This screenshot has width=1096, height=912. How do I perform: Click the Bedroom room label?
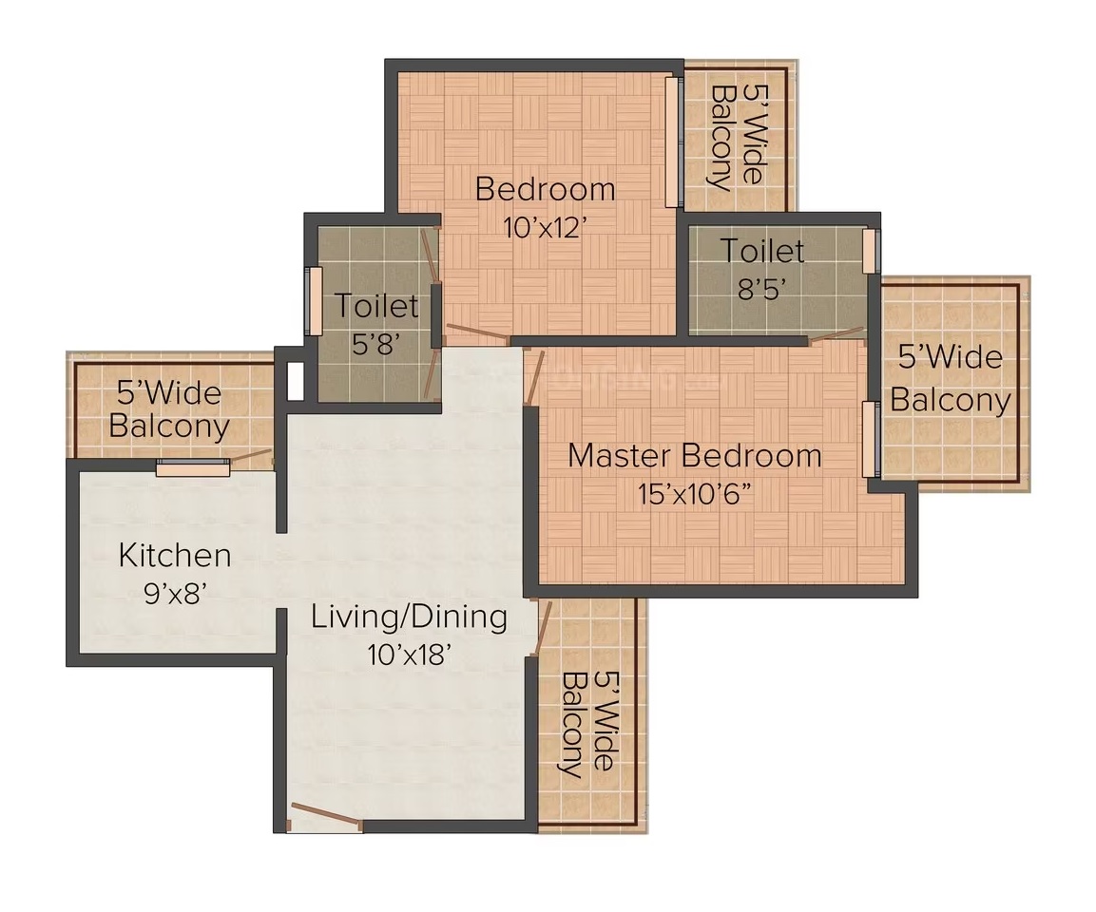pyautogui.click(x=546, y=189)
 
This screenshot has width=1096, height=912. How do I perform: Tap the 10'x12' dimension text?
pyautogui.click(x=544, y=227)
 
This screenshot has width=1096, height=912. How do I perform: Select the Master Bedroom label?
pyautogui.click(x=695, y=455)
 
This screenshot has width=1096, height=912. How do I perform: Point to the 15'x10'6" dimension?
pyautogui.click(x=694, y=494)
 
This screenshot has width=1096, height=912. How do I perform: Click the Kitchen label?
pyautogui.click(x=175, y=555)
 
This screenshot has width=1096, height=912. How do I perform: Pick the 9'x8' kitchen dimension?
pyautogui.click(x=175, y=594)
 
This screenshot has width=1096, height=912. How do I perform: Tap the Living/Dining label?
pyautogui.click(x=409, y=617)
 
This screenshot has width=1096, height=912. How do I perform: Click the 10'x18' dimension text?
pyautogui.click(x=409, y=655)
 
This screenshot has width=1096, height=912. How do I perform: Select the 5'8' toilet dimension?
pyautogui.click(x=377, y=343)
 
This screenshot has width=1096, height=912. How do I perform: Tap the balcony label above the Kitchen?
pyautogui.click(x=169, y=409)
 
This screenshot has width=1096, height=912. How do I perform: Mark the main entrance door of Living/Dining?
pyautogui.click(x=326, y=816)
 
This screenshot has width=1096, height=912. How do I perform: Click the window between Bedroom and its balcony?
pyautogui.click(x=672, y=142)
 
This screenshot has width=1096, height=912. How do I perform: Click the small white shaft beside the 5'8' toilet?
pyautogui.click(x=295, y=381)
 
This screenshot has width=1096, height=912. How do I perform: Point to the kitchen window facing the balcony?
pyautogui.click(x=193, y=467)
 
